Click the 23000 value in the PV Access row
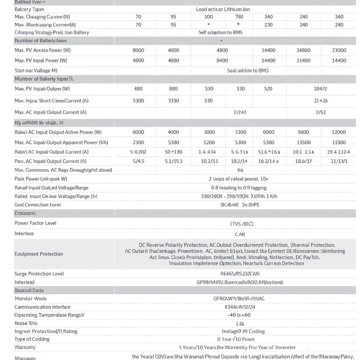pyautogui.click(x=339, y=50)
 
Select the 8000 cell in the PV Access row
pyautogui.click(x=138, y=50)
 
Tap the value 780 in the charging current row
pyautogui.click(x=239, y=17)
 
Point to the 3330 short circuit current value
pyautogui.click(x=173, y=101)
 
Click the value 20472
pyautogui.click(x=321, y=89)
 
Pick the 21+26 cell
pyautogui.click(x=321, y=101)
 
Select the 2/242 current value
pyautogui.click(x=240, y=112)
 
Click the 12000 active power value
pyautogui.click(x=339, y=132)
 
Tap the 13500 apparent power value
pyautogui.click(x=304, y=142)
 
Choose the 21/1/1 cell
pyautogui.click(x=339, y=161)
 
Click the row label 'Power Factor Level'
pyautogui.click(x=35, y=223)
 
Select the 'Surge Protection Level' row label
pyautogui.click(x=39, y=274)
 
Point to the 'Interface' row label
pyautogui.click(x=24, y=233)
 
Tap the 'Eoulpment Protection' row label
pyautogui.click(x=38, y=254)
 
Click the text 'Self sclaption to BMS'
pyautogui.click(x=222, y=32)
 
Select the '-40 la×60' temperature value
pyautogui.click(x=239, y=315)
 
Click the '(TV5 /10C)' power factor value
pyautogui.click(x=240, y=224)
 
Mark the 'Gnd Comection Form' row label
pyautogui.click(x=37, y=205)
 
